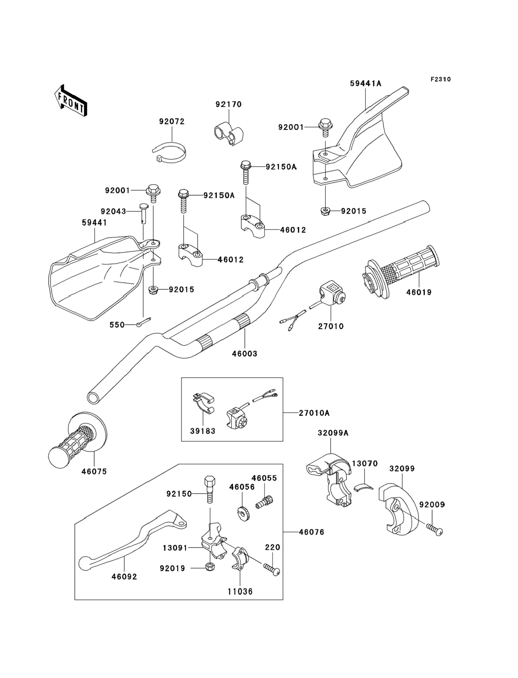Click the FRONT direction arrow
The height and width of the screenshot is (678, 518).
click(x=71, y=100)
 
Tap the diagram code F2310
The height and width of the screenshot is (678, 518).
click(x=440, y=80)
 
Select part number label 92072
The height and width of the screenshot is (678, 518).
click(x=172, y=122)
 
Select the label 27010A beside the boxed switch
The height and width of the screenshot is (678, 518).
click(x=314, y=413)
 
